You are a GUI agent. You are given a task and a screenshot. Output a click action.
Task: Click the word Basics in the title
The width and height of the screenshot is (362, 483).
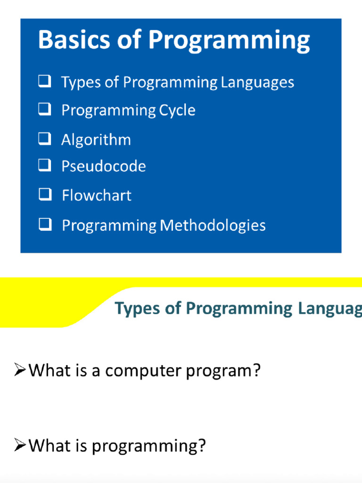[68, 40]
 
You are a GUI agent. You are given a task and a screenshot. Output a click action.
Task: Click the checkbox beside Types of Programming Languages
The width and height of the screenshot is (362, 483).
[45, 82]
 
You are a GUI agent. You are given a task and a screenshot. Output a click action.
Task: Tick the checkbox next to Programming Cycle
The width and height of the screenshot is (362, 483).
[45, 110]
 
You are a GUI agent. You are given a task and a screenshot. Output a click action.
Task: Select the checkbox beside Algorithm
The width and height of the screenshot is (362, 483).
[45, 139]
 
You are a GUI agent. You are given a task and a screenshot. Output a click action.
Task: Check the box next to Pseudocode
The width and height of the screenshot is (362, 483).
[45, 165]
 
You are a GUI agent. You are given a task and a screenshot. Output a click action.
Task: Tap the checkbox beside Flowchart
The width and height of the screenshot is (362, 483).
[45, 194]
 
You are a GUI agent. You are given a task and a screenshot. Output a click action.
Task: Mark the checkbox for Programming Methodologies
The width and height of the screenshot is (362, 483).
[45, 225]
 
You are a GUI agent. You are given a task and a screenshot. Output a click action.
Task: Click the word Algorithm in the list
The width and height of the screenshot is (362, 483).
[96, 140]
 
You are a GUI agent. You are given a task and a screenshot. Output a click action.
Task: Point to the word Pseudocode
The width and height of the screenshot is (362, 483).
[104, 166]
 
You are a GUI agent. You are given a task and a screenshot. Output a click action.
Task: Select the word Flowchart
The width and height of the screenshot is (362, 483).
[97, 195]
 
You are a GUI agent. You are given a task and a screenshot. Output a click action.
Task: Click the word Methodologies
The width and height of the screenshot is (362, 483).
[213, 225]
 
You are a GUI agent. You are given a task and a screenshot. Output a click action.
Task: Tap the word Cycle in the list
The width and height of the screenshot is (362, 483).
[177, 110]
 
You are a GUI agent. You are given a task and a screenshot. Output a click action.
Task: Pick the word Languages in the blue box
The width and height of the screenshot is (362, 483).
[257, 83]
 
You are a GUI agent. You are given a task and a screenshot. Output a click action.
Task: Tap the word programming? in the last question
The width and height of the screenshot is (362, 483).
[148, 446]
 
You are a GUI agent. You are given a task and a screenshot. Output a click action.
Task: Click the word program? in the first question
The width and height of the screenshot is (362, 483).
[223, 371]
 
